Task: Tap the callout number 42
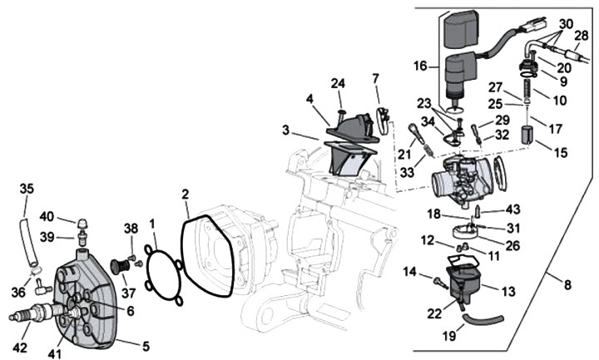click(x=20, y=348)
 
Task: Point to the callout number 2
click(x=185, y=195)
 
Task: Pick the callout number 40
click(x=47, y=216)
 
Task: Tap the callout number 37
click(x=129, y=293)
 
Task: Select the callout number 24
click(x=338, y=83)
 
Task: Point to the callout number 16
click(x=420, y=66)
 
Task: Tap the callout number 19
click(x=449, y=336)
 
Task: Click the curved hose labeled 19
click(x=483, y=318)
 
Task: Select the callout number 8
click(x=567, y=285)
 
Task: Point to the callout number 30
click(x=567, y=24)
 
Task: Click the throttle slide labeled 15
click(x=528, y=136)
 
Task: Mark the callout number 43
click(x=512, y=210)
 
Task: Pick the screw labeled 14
click(x=440, y=283)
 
